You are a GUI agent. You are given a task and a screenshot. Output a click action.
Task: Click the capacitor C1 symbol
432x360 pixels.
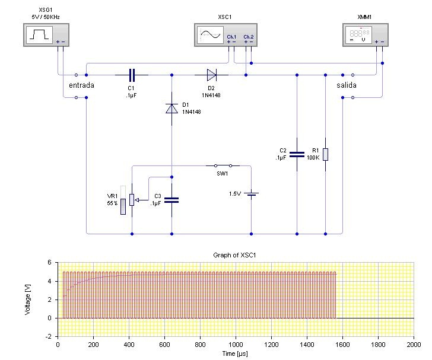(x=132, y=75)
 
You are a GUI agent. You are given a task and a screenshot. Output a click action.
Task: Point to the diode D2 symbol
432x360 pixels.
(x=211, y=75)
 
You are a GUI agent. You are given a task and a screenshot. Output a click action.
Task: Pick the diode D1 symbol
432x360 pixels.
(x=171, y=108)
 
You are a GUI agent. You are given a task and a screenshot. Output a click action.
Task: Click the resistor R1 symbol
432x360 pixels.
(x=325, y=154)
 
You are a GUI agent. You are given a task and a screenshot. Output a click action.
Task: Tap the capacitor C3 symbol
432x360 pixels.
(x=171, y=200)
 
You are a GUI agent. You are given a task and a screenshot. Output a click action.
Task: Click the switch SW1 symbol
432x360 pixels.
(x=223, y=166)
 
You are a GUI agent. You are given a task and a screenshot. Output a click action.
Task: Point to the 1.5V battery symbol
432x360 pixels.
(x=252, y=194)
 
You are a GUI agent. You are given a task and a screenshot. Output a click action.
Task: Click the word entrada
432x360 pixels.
(x=81, y=85)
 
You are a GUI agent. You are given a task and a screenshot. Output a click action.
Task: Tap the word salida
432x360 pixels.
(x=347, y=85)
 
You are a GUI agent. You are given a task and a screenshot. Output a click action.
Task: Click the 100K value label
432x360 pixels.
(x=313, y=158)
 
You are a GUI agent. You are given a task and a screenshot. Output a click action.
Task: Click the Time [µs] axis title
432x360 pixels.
(x=235, y=353)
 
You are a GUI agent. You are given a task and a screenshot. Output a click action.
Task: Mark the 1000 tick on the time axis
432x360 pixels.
(x=236, y=345)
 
